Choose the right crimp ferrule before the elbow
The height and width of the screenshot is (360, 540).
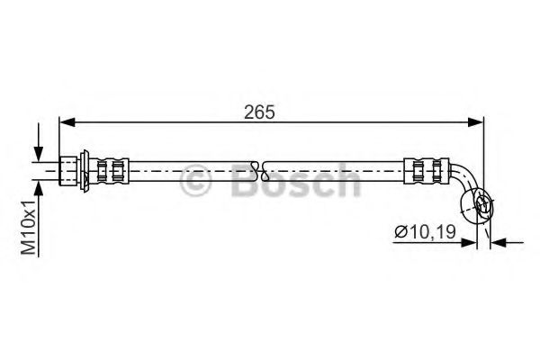click(425, 168)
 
